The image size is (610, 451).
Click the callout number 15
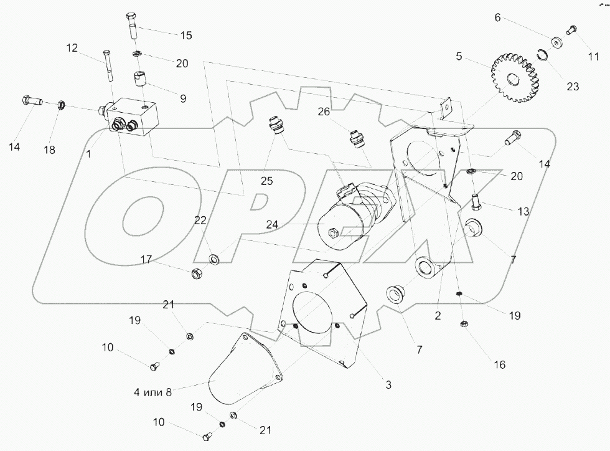click(x=185, y=36)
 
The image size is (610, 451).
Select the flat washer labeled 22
click(x=215, y=257)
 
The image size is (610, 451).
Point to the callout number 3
click(x=388, y=386)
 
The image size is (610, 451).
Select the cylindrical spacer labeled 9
click(x=141, y=81)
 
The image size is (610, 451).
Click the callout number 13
click(x=523, y=211)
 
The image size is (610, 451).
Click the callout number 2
click(x=438, y=316)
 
